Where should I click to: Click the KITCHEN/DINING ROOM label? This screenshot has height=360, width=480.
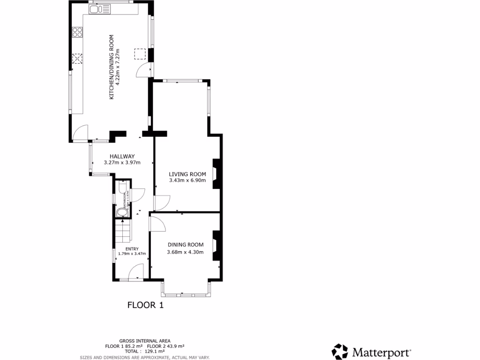tap(112, 67)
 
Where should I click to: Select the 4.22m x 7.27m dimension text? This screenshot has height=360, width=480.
tap(118, 67)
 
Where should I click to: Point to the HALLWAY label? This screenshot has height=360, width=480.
tap(122, 157)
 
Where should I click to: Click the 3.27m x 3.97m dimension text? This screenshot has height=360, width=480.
tap(122, 163)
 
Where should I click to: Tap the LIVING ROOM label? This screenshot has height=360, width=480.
tap(187, 174)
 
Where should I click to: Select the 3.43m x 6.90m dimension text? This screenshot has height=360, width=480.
tap(187, 180)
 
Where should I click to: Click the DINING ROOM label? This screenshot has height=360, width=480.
tap(186, 245)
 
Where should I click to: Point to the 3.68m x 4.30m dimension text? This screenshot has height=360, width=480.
tap(186, 252)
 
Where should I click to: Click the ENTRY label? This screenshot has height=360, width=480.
tap(132, 249)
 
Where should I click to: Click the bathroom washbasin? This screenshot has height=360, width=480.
tap(122, 213)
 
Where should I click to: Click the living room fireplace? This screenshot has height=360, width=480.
tap(216, 174)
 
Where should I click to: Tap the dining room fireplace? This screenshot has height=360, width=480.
tap(216, 245)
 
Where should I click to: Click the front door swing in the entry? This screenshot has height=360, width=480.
tap(136, 272)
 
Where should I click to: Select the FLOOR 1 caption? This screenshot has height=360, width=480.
tap(145, 305)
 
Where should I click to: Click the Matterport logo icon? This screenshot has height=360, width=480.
tap(340, 352)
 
